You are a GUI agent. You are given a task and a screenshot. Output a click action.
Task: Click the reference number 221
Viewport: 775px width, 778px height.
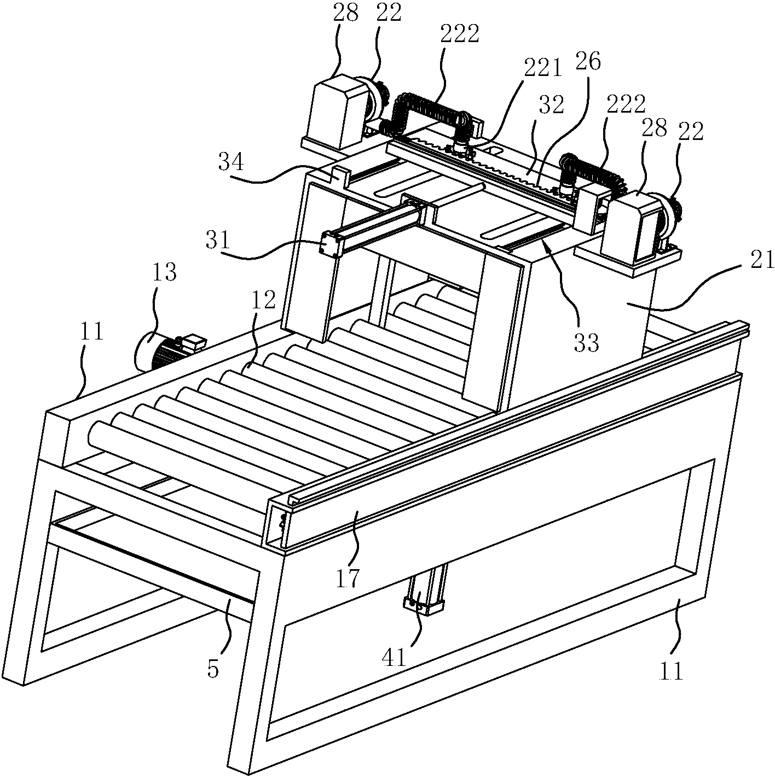(x=542, y=69)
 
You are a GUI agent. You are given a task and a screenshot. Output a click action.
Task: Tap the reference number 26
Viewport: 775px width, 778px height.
(x=588, y=61)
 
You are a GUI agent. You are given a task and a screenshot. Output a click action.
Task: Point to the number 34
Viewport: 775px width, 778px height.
(x=230, y=162)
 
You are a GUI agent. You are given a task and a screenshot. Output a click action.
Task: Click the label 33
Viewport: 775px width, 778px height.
(x=586, y=343)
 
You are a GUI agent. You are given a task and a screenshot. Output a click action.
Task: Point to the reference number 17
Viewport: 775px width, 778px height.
(x=348, y=577)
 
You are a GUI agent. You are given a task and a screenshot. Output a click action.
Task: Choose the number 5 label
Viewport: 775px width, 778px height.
(x=213, y=669)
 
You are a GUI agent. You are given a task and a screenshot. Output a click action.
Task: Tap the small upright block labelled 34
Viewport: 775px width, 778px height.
(x=340, y=176)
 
